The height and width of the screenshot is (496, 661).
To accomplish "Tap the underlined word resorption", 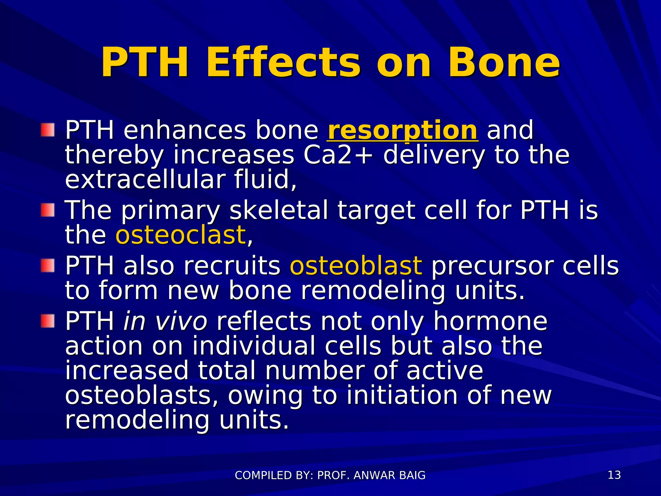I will click(x=402, y=130).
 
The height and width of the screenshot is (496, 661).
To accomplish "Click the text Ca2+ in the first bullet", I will click(x=338, y=155).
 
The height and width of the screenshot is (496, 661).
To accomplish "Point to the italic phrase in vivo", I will click(x=165, y=322).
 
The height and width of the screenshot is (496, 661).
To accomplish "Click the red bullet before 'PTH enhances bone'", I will click(x=47, y=130).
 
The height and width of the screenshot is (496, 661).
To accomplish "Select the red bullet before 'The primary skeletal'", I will click(x=47, y=210).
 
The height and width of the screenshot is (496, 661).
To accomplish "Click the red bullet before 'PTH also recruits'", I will click(x=47, y=265).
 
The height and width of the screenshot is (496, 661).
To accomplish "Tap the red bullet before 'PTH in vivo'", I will click(x=47, y=321).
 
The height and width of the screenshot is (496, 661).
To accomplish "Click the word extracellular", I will click(x=145, y=180).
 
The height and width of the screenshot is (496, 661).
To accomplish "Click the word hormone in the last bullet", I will click(x=490, y=322).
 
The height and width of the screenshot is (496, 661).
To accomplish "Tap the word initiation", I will click(x=402, y=396).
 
